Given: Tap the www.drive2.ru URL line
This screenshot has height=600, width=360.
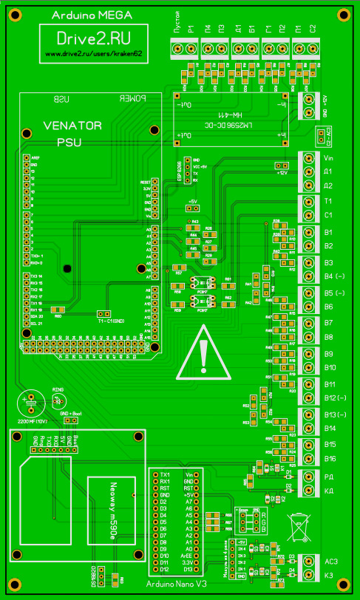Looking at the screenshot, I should point(92,53).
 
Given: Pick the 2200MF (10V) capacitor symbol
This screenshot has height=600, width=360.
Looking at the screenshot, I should point(30,403).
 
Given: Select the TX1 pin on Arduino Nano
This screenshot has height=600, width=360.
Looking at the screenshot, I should point(164,474).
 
